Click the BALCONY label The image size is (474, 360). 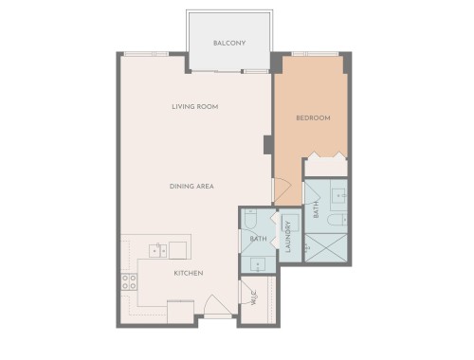[229, 44]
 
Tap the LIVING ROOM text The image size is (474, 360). [195, 107]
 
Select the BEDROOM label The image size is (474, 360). [313, 117]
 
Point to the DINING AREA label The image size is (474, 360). [191, 186]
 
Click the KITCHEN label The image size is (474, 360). [189, 273]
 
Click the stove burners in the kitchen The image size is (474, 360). [129, 280]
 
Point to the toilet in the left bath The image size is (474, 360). [249, 220]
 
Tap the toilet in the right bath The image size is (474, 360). [338, 220]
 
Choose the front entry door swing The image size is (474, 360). [214, 305]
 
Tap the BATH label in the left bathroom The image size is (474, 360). [258, 239]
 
